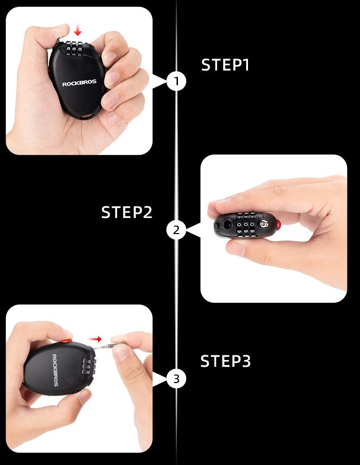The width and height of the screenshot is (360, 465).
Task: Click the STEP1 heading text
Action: coord(225,65)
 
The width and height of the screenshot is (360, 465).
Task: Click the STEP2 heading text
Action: coord(127,212)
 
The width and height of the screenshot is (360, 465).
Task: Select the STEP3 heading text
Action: coord(225,361)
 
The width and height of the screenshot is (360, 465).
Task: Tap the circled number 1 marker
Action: coord(177,81)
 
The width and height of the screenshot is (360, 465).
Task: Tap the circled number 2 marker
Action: coord(177,230)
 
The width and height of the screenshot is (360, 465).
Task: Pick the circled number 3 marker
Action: coord(177,379)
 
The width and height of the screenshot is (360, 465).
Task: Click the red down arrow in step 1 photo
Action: coord(78,30)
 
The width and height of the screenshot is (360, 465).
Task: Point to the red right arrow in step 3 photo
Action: coord(95,339)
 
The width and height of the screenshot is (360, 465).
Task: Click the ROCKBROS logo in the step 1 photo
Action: coord(79,83)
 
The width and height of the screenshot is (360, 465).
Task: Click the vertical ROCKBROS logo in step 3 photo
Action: coord(55,370)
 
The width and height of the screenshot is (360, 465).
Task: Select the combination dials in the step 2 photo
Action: coord(246,225)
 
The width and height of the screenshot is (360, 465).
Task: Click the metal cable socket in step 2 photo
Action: coord(264,224)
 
